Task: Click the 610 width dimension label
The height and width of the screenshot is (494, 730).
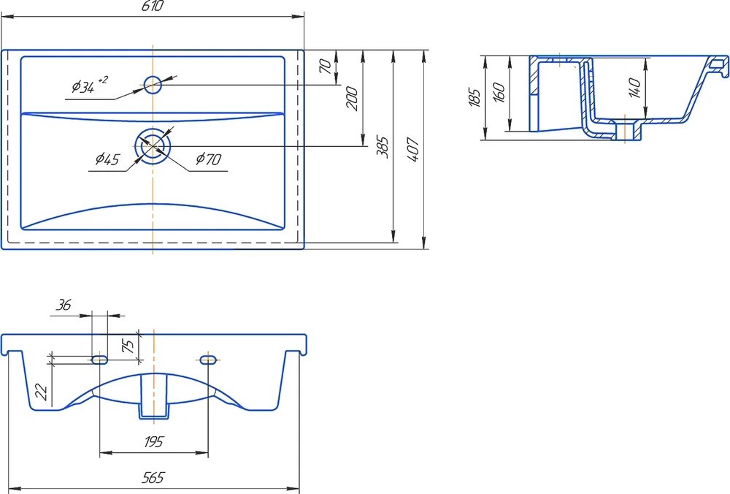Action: (x=153, y=6)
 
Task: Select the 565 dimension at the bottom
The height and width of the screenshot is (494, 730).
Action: (x=153, y=477)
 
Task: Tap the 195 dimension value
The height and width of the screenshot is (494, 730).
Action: (x=153, y=441)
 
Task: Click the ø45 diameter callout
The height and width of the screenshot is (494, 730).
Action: (x=107, y=160)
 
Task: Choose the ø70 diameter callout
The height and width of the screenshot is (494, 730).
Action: (x=209, y=159)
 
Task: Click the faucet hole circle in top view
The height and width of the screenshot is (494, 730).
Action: (x=153, y=85)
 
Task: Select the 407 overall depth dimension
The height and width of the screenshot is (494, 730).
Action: (x=413, y=149)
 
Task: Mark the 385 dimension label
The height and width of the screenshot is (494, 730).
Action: (x=383, y=148)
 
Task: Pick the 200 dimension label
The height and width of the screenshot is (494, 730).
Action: (x=353, y=99)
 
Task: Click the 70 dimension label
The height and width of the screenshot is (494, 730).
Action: (x=326, y=66)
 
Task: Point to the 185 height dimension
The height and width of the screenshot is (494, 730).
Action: (x=474, y=97)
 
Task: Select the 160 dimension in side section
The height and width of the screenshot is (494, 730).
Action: (x=499, y=93)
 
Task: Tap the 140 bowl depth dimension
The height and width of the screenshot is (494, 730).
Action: (x=634, y=88)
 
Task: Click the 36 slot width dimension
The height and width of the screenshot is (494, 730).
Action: (x=64, y=305)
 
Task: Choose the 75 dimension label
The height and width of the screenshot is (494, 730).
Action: (x=128, y=346)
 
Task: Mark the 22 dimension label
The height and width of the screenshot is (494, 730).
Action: (x=42, y=392)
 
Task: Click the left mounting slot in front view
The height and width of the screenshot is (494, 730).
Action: (x=99, y=360)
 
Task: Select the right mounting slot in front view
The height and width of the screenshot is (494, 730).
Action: (x=207, y=360)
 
